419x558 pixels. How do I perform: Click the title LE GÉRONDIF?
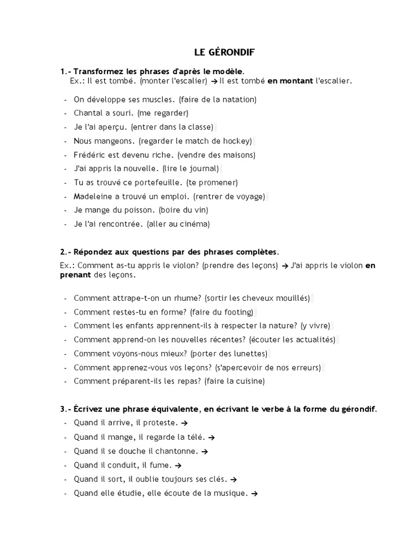(224, 52)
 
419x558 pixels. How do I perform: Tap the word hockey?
(236, 141)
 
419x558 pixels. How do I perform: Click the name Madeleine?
(94, 196)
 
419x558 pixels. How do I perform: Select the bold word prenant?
(75, 275)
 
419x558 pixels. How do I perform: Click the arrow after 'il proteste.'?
(184, 422)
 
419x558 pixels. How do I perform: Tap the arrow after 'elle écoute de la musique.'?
(254, 493)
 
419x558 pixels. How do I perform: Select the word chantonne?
(176, 451)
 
